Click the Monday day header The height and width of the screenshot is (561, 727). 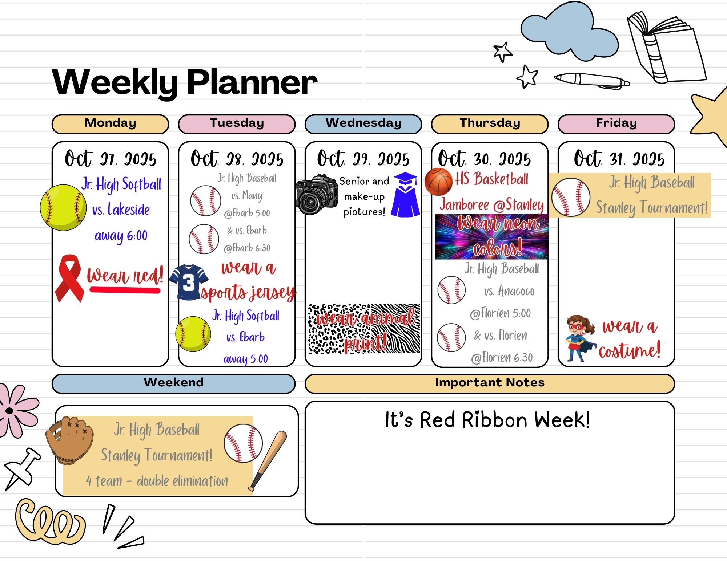[110, 124]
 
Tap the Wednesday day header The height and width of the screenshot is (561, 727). [363, 124]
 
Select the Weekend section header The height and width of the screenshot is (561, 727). [173, 383]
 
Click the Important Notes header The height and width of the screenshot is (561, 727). [490, 383]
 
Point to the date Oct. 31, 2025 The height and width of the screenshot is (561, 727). [619, 159]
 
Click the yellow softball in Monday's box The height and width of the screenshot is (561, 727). [63, 208]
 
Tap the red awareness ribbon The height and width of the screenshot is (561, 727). [69, 278]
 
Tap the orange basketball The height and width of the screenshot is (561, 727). [438, 182]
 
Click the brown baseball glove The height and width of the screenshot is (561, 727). [69, 440]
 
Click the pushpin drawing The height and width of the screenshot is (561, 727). [23, 468]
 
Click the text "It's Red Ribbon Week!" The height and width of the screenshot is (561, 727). [487, 420]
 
